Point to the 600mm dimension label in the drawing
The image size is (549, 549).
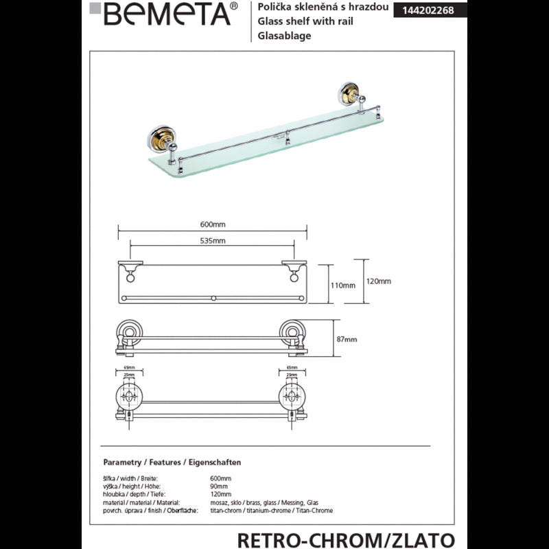coord(212,224)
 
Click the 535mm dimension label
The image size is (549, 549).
coord(212,241)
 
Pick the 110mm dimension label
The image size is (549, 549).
coord(344,285)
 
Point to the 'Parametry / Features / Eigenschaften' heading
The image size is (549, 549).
coord(172,463)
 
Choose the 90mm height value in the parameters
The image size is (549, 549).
coord(218,485)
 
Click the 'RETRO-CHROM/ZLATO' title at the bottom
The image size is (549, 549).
coord(346,539)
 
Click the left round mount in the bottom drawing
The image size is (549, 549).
coord(128,396)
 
